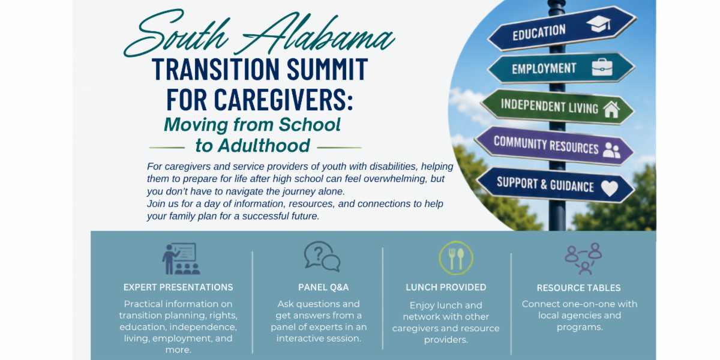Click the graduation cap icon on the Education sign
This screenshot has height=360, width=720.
click(599, 24)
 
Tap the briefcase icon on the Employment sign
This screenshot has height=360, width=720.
click(602, 67)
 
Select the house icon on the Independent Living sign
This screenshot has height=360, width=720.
click(611, 110)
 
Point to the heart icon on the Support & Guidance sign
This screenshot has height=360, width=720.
click(610, 188)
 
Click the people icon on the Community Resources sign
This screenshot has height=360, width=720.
click(611, 150)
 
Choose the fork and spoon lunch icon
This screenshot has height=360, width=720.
click(456, 258)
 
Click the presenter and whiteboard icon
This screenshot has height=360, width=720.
click(181, 259)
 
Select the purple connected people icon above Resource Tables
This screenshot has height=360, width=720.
click(583, 259)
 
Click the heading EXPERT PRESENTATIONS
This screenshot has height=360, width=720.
click(178, 287)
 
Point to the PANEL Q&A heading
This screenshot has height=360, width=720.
click(323, 287)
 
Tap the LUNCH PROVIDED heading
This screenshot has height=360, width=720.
click(446, 287)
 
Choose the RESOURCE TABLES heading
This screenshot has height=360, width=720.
click(578, 288)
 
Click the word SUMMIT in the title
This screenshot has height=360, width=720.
click(327, 69)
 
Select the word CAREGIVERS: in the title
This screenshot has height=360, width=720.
click(283, 100)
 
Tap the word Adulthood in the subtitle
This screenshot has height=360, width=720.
click(253, 146)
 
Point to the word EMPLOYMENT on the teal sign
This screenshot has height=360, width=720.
click(544, 68)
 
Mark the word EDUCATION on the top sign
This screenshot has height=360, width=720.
click(539, 33)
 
